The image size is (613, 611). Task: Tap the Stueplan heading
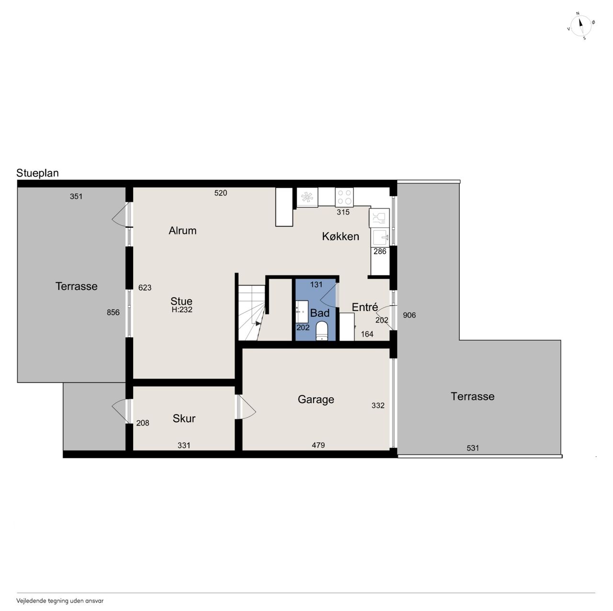(37, 173)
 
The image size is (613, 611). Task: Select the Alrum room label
(182, 231)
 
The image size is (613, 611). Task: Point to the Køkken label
(341, 236)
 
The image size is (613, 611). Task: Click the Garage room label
(316, 399)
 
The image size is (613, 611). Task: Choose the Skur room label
(184, 418)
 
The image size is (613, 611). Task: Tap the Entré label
(365, 307)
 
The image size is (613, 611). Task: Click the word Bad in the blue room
(320, 313)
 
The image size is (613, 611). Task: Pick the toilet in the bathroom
(322, 331)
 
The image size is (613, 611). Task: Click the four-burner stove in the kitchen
(344, 197)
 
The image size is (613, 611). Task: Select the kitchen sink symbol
(380, 238)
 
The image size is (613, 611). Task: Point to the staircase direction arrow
(258, 323)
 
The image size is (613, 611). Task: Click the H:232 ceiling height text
(182, 310)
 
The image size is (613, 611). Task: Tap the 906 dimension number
(409, 315)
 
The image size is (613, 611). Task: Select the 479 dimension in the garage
(318, 445)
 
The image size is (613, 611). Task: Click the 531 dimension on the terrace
(473, 448)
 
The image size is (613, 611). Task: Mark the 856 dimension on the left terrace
(113, 312)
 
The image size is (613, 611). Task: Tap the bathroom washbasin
(302, 311)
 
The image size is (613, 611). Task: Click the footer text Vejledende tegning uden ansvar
(60, 601)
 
